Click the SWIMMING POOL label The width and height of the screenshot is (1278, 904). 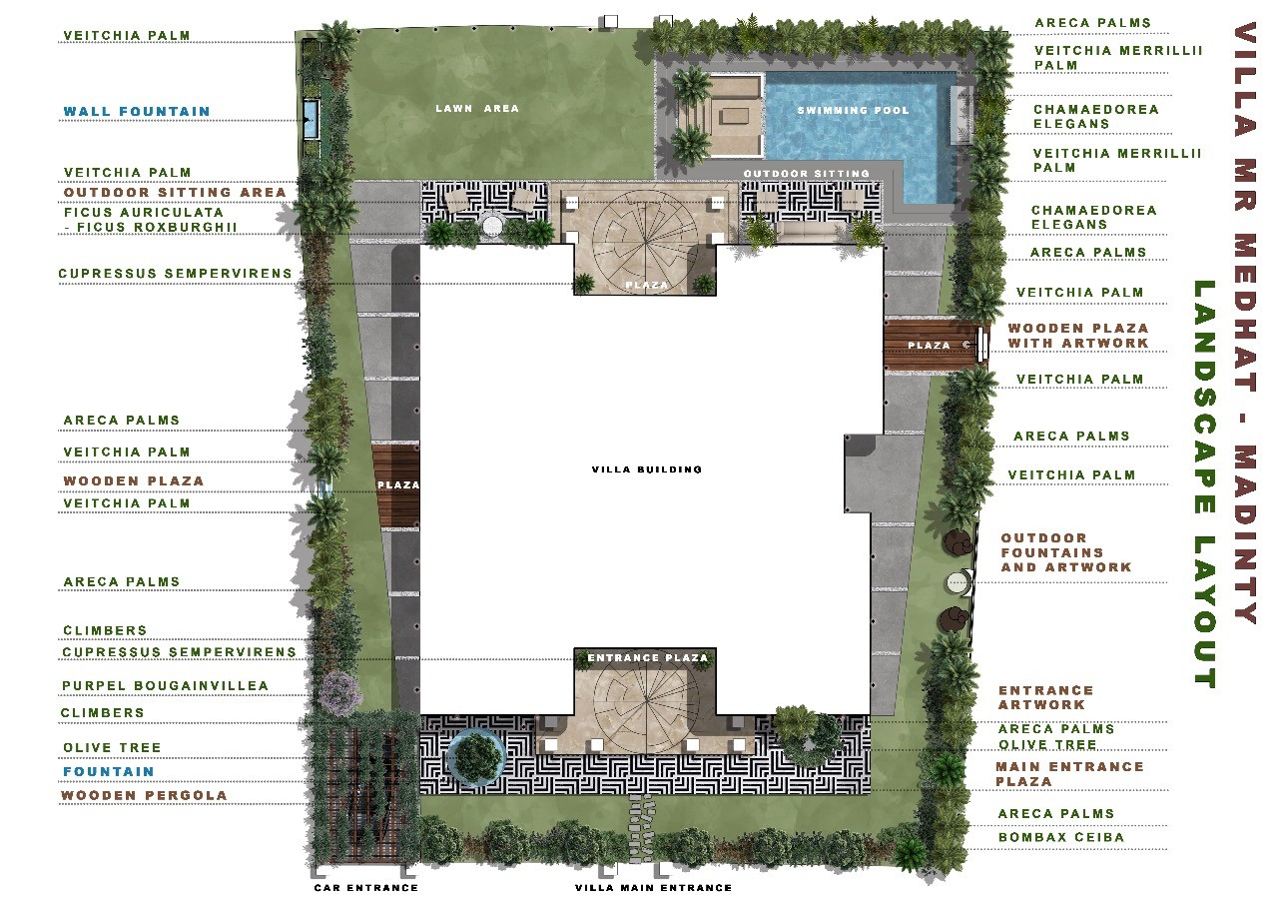pos(853,110)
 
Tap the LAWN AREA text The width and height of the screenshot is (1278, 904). pos(477,108)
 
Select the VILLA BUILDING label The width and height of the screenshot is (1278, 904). pos(646,469)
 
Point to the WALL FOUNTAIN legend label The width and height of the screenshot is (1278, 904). pos(137,111)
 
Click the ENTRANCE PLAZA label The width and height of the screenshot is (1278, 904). pos(648,657)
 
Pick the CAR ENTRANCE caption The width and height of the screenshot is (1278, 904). pos(366,887)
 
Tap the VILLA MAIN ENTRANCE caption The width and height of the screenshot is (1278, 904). pos(653,887)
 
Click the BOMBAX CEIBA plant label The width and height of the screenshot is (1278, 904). pos(1061,837)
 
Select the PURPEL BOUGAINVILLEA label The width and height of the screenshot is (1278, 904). pos(165,685)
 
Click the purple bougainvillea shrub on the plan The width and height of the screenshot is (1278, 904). pos(340,691)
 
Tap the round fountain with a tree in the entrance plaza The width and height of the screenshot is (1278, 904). pos(476,757)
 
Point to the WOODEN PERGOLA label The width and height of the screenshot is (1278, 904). pos(144,795)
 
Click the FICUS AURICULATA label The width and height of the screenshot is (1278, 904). pos(144,213)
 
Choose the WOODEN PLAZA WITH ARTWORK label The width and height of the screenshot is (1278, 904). pos(1077,336)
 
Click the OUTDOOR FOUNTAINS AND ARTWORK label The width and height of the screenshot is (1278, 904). pos(1065,552)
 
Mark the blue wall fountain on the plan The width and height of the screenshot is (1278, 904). pos(311,119)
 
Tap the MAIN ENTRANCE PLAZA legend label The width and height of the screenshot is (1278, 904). pos(1069,774)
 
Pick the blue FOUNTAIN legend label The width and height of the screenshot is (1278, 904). pos(109,771)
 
